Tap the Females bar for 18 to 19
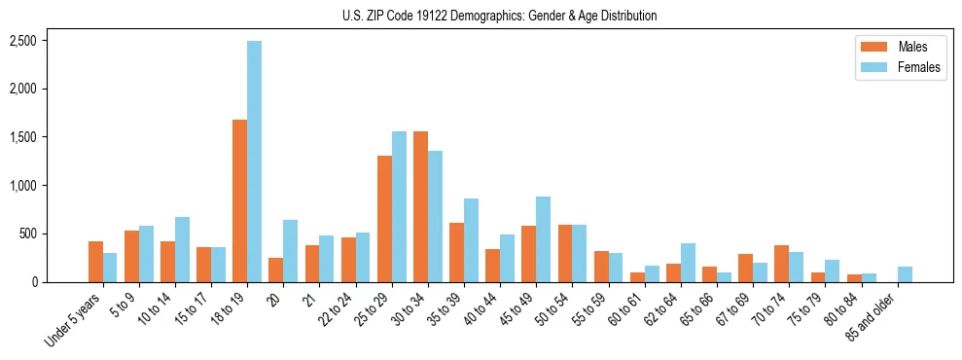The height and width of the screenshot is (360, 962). (254, 162)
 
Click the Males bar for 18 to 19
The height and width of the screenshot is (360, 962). (239, 200)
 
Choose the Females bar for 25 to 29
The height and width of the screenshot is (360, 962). (399, 206)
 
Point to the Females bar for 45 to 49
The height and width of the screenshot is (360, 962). (544, 239)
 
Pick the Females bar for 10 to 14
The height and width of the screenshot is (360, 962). (182, 249)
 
